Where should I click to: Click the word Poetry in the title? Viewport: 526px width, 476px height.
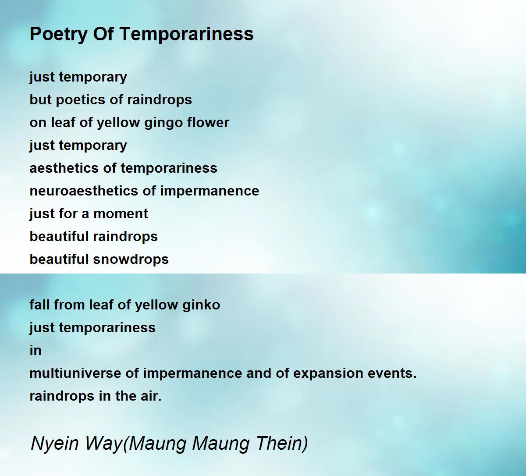click(x=59, y=34)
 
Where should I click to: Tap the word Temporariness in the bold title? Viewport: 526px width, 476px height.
click(x=187, y=34)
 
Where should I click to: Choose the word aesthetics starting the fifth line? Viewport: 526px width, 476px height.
click(x=64, y=168)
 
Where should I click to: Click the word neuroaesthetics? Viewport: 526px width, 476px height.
click(x=84, y=191)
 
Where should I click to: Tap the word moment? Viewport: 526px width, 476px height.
click(x=121, y=214)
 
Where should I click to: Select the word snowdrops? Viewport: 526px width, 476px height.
click(x=131, y=259)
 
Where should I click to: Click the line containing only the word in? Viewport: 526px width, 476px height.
click(x=36, y=351)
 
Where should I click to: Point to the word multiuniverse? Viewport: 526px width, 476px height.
click(x=75, y=373)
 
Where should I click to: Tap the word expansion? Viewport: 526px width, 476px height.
click(x=328, y=374)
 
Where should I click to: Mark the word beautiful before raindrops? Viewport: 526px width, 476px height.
click(x=59, y=237)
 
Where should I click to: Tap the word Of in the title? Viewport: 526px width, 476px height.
click(x=104, y=34)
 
